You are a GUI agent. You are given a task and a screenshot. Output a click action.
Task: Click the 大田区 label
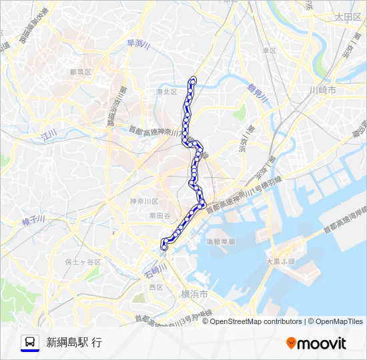(348, 17)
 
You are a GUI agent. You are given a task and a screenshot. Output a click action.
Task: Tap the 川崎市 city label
(323, 89)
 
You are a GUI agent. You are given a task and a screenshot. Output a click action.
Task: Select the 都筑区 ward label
(79, 71)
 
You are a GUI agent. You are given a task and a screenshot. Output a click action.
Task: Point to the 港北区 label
(166, 91)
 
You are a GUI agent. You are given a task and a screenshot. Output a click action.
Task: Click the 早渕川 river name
(139, 45)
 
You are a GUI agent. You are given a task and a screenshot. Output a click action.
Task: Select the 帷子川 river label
(33, 219)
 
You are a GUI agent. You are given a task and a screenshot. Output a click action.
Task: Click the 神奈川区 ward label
(144, 201)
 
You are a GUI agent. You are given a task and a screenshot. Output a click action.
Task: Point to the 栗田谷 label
(159, 216)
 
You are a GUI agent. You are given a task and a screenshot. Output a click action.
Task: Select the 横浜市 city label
(194, 294)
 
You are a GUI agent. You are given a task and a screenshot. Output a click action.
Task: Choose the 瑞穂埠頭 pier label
(220, 241)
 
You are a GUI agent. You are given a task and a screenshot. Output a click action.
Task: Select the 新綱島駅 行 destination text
(74, 343)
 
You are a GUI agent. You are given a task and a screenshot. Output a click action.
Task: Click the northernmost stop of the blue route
(194, 81)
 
